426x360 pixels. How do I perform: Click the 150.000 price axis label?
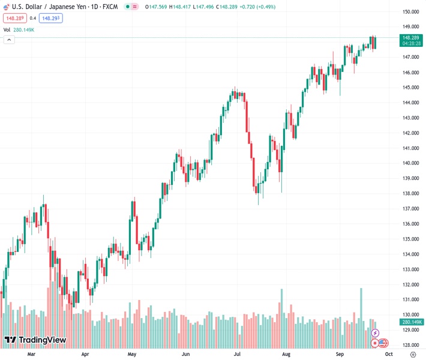point(410,12)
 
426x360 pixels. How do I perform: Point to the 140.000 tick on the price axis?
point(410,163)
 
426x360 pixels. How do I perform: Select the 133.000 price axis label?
point(410,269)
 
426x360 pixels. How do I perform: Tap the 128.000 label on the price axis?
point(410,345)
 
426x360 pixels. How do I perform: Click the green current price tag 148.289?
point(411,38)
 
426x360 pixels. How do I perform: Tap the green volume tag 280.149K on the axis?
point(411,322)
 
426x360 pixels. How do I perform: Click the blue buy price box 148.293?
point(50,18)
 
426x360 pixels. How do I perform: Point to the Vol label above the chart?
point(7,29)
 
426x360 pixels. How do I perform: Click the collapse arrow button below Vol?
point(9,40)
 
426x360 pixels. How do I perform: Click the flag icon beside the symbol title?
point(7,6)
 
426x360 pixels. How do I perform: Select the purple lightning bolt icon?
point(376,332)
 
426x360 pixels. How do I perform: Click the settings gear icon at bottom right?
point(413,355)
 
